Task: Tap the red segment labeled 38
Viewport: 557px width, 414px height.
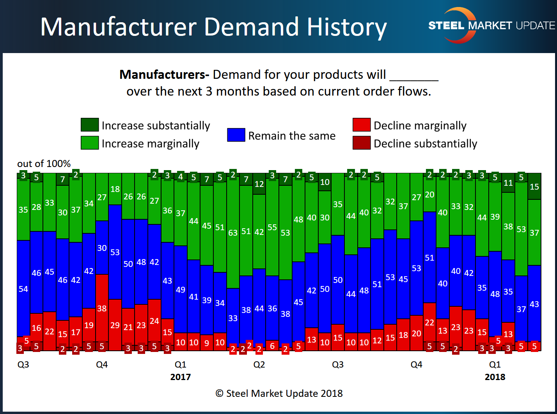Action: point(102,308)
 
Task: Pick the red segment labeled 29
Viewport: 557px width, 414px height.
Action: point(115,325)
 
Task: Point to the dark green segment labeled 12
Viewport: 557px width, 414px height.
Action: point(259,184)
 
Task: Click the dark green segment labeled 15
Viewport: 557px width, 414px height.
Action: point(534,187)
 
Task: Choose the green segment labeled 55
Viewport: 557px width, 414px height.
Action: point(272,227)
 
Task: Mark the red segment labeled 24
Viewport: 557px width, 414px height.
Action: point(154,321)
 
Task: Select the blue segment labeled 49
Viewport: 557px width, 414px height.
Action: point(181,289)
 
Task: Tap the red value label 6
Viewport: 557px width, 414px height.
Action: point(272,346)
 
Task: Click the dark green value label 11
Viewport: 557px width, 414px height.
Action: point(508,183)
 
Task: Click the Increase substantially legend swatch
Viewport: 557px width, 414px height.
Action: point(89,125)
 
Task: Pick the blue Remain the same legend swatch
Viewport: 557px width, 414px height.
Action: point(236,135)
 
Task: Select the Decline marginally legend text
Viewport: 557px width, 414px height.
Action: point(420,126)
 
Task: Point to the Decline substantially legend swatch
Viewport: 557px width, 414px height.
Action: point(361,143)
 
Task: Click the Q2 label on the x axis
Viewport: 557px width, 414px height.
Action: point(259,364)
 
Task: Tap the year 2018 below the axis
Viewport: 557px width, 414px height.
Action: point(495,377)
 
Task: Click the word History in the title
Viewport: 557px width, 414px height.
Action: point(346,27)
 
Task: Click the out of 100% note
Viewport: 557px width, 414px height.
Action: point(44,163)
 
